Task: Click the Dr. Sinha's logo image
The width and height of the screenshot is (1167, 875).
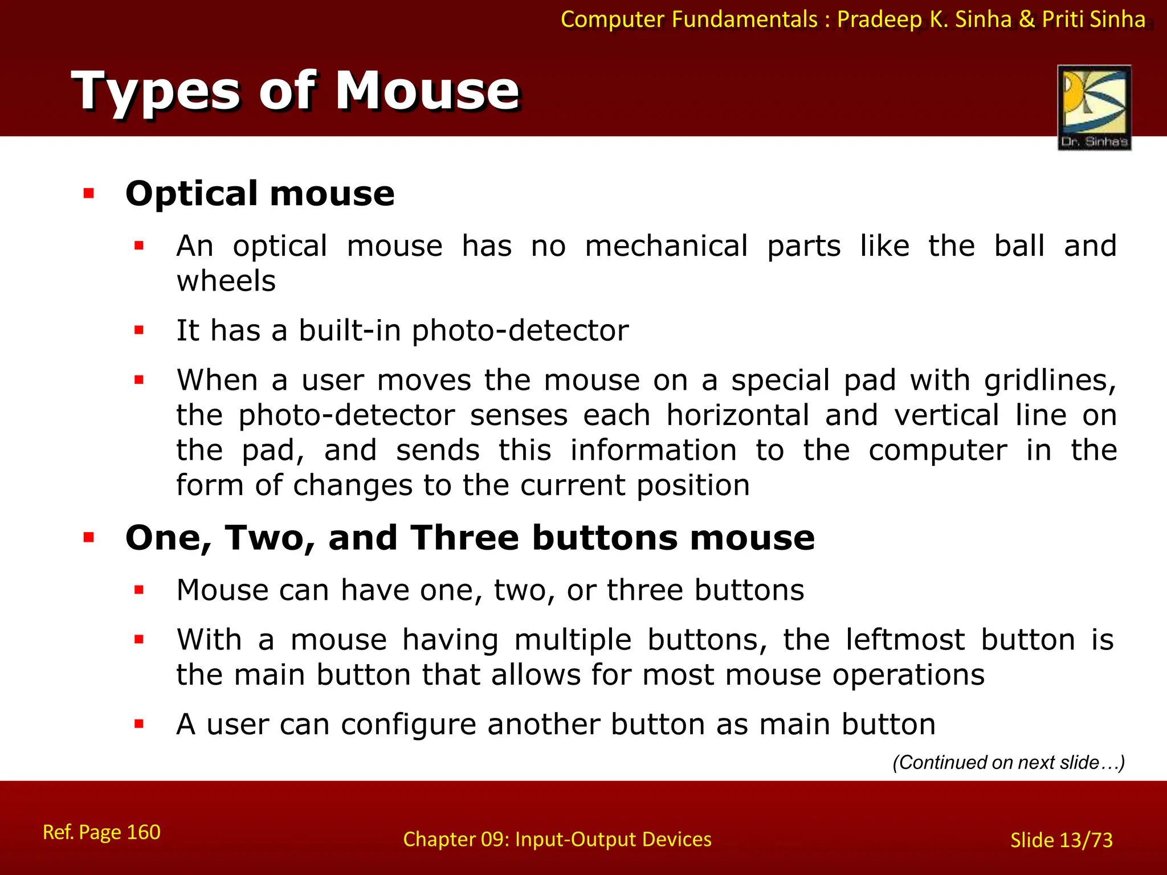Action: [1094, 107]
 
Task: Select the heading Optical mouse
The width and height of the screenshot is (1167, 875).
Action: [260, 194]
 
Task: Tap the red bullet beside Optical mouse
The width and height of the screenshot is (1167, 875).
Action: [88, 194]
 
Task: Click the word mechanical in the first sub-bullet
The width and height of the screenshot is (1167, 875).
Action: [666, 246]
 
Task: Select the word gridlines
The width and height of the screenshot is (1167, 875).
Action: [1050, 381]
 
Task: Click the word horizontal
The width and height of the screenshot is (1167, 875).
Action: [738, 415]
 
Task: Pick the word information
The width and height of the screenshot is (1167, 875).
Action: [654, 451]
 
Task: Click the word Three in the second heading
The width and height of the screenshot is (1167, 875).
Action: [464, 538]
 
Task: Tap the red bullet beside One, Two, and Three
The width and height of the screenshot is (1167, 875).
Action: [88, 537]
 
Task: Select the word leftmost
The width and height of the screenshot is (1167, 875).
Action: [905, 640]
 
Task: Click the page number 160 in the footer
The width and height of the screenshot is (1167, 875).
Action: [143, 832]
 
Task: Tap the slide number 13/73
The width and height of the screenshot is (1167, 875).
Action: [1086, 840]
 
